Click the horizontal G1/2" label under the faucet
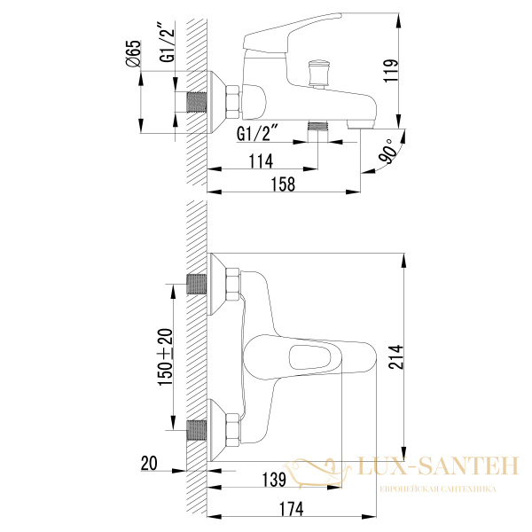[259, 134]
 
